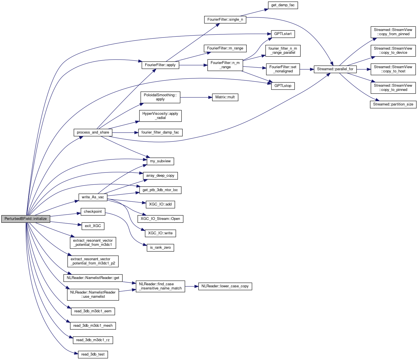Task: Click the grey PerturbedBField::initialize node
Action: (x=26, y=219)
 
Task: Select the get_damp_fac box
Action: (x=283, y=5)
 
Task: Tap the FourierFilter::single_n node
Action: (x=225, y=20)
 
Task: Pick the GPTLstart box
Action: (x=283, y=34)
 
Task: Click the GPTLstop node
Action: (x=283, y=86)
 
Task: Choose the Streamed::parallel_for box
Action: (x=335, y=69)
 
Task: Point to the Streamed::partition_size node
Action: (x=393, y=104)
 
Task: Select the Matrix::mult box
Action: (x=225, y=97)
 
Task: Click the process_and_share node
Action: (x=93, y=132)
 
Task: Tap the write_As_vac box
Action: (x=93, y=197)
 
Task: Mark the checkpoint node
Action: (x=93, y=212)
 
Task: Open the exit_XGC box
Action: (x=93, y=226)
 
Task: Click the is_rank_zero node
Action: (x=160, y=247)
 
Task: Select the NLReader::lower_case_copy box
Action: (x=225, y=286)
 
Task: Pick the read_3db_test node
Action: (x=93, y=354)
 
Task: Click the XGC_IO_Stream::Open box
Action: (x=160, y=219)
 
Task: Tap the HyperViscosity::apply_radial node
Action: (x=160, y=116)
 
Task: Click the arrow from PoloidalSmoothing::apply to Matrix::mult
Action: (x=196, y=97)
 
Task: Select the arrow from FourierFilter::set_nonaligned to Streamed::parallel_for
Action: (x=307, y=69)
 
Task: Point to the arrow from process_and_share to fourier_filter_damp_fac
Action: (x=125, y=132)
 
